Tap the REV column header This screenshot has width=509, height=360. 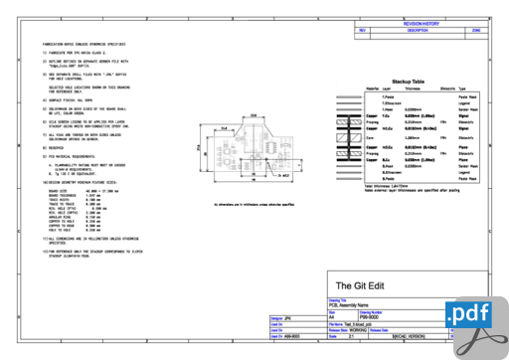(363, 31)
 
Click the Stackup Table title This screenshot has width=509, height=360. (409, 81)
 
